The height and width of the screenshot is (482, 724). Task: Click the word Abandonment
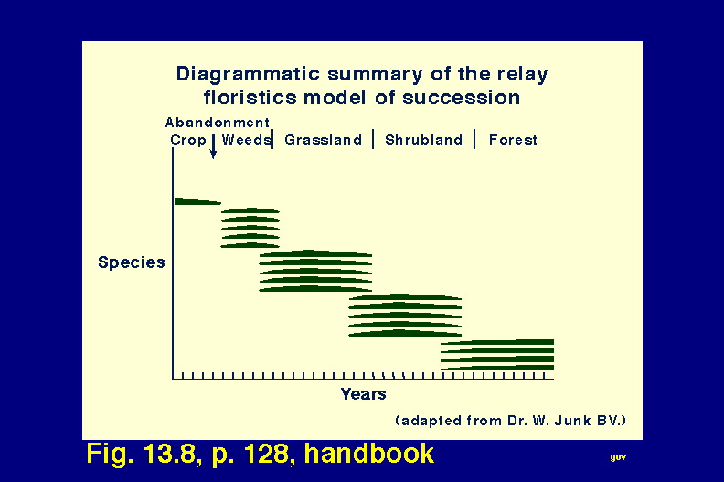point(217,123)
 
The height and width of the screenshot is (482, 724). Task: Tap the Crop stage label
point(188,140)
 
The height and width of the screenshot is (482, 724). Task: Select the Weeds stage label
point(246,139)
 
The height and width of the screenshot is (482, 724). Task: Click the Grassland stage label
point(324,140)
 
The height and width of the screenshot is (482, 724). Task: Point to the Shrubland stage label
point(423,140)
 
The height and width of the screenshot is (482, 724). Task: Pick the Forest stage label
point(513,140)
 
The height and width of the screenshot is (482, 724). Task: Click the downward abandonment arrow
point(213,146)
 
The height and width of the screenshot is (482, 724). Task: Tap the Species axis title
point(132,262)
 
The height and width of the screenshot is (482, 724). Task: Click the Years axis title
point(364,393)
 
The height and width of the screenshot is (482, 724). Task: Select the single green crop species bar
point(197,201)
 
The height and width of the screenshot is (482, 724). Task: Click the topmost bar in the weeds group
point(250,210)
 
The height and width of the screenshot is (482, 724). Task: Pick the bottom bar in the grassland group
point(315,289)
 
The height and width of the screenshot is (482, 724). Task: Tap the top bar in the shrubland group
point(405,296)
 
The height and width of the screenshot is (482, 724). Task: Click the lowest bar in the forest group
point(497,368)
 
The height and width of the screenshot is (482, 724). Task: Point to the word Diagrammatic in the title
point(249,74)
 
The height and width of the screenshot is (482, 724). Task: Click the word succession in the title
point(462,98)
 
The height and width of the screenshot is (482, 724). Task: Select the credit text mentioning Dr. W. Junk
point(511,421)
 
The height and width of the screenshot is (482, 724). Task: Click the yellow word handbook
point(369,453)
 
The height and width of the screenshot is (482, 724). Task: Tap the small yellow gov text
point(618,457)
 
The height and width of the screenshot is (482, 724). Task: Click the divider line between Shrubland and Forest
point(474,139)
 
